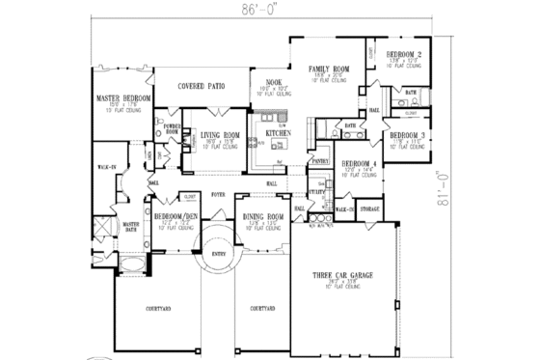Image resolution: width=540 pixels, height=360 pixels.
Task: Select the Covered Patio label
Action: point(202,85)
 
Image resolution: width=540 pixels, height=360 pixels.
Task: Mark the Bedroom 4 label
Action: point(358,164)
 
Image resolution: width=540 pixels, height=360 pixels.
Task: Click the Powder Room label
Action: point(174,127)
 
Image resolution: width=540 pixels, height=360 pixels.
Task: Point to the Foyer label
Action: point(219,192)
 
